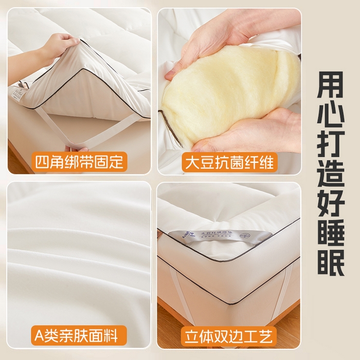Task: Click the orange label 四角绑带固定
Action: (x=80, y=161)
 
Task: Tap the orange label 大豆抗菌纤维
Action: (x=229, y=161)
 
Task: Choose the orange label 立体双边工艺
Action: (x=229, y=336)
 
